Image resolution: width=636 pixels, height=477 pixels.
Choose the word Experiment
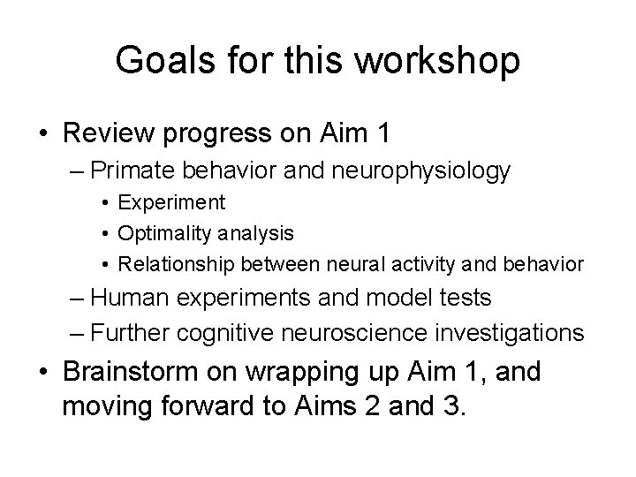tap(172, 203)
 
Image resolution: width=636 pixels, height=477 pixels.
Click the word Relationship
tap(172, 263)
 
